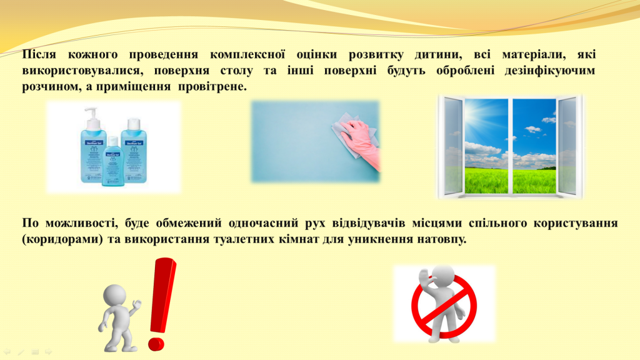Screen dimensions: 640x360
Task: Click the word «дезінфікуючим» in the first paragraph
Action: pos(549,71)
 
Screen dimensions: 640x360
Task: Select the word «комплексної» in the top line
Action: pos(247,54)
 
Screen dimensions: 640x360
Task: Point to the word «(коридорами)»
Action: pos(62,239)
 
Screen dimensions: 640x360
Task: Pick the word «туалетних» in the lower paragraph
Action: pos(243,239)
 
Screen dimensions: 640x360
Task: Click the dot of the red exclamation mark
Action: pos(156,343)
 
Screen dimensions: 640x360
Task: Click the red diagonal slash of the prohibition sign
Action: pos(442,305)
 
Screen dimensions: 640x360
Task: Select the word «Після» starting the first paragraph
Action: pos(39,54)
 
